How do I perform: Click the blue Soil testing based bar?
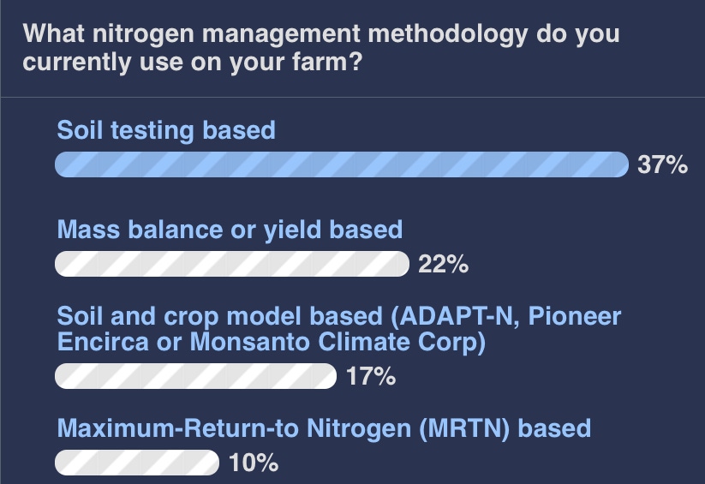tap(342, 164)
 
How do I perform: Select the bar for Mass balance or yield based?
tap(232, 264)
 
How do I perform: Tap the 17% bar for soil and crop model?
tap(195, 376)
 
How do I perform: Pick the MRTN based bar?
tap(137, 463)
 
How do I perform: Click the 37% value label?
tap(662, 164)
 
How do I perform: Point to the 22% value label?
tap(444, 264)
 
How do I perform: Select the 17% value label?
tap(371, 376)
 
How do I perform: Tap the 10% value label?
tap(254, 463)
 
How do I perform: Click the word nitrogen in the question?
tap(143, 34)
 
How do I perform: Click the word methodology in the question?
tap(448, 34)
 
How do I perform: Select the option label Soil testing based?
tap(166, 131)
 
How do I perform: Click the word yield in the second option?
tap(292, 230)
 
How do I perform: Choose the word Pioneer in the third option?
tap(575, 316)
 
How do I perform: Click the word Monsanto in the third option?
tap(250, 342)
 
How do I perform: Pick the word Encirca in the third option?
tap(103, 342)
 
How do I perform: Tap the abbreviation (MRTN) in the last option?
tap(464, 428)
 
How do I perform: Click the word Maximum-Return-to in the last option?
tap(178, 428)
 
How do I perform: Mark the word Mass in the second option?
tap(88, 230)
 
